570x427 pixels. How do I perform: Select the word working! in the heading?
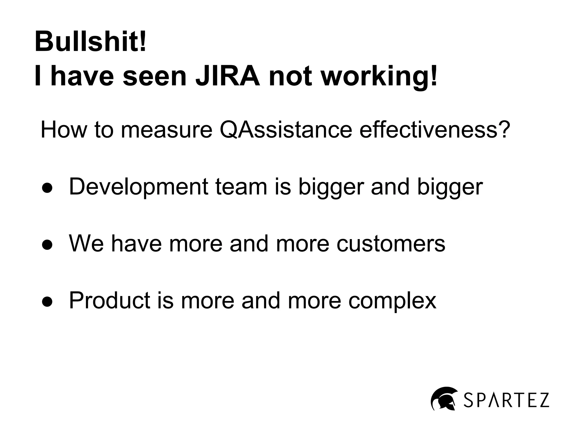click(x=379, y=77)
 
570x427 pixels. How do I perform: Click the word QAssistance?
click(x=286, y=130)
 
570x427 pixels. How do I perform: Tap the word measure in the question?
click(x=166, y=130)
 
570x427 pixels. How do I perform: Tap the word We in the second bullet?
click(x=86, y=244)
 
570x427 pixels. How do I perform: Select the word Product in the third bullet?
click(x=110, y=300)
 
